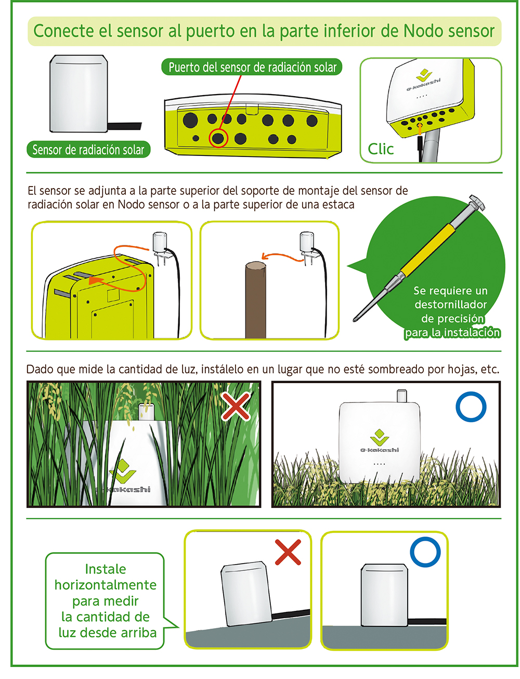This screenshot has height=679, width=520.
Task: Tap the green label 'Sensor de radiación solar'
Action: coord(88,149)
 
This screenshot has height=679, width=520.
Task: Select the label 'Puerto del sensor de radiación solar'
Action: coord(252,67)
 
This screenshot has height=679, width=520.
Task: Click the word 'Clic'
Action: coord(380,149)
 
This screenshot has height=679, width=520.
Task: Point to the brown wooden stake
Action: coord(255,299)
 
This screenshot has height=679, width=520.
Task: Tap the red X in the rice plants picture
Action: coord(236,406)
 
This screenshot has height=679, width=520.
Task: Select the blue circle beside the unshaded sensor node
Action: coord(471,407)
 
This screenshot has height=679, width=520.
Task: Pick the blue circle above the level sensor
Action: coord(425,552)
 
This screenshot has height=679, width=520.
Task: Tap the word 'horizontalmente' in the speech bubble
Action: coord(106,585)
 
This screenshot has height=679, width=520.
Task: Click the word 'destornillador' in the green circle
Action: coord(450,304)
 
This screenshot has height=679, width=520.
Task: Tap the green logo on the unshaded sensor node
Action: coord(380,437)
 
